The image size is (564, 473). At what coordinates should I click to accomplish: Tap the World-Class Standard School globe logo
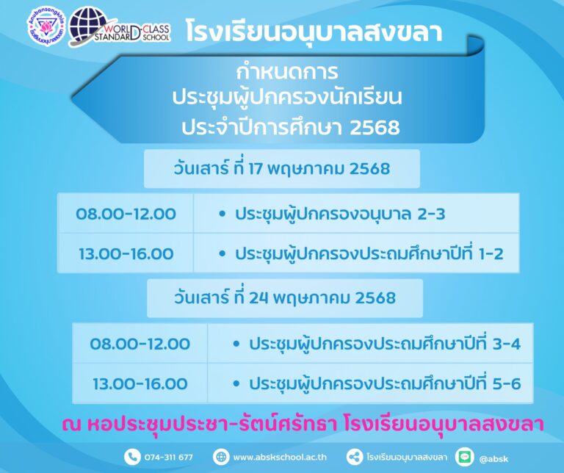tap(119, 28)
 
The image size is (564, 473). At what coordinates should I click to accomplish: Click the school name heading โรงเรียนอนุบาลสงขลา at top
tap(314, 32)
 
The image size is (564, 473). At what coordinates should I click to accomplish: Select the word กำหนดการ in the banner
tap(287, 71)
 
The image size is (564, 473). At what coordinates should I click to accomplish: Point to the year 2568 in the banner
tap(375, 128)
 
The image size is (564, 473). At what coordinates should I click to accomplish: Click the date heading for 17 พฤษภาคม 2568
tap(282, 169)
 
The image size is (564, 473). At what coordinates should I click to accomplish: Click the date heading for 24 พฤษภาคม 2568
tap(284, 297)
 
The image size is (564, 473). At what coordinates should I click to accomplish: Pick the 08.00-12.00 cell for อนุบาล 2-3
tap(126, 214)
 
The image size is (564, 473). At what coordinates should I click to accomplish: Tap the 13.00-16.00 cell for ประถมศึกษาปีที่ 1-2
tap(126, 253)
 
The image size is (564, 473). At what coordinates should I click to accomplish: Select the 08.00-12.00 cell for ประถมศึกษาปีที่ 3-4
tap(140, 344)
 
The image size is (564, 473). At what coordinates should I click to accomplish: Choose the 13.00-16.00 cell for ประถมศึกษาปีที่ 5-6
tap(140, 383)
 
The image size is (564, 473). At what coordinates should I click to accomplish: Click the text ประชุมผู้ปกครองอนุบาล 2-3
tap(340, 214)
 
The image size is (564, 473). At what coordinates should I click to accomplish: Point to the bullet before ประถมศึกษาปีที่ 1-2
tap(222, 253)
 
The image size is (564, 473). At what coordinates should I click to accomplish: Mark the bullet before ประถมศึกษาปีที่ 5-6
tap(236, 383)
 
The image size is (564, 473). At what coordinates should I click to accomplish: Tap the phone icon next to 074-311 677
tap(132, 457)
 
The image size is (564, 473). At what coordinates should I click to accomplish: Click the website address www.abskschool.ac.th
tap(280, 457)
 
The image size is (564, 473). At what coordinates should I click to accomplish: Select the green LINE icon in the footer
tap(464, 457)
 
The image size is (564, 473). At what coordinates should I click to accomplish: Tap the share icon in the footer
tap(354, 457)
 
